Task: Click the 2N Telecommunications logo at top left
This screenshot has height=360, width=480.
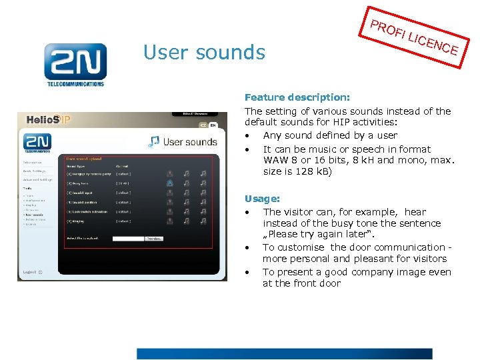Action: point(75,65)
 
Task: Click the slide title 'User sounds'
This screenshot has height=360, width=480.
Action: point(204,52)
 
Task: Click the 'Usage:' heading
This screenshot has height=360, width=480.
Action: point(262,199)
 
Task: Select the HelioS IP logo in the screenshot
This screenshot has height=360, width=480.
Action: point(48,120)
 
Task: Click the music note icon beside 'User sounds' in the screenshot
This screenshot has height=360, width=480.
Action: point(154,141)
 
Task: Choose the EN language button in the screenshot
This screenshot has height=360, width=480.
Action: point(213,125)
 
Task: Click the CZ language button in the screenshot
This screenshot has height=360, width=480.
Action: point(203,125)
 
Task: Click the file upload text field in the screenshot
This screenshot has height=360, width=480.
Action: point(128,238)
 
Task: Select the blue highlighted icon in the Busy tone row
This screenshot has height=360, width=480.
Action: point(170,183)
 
